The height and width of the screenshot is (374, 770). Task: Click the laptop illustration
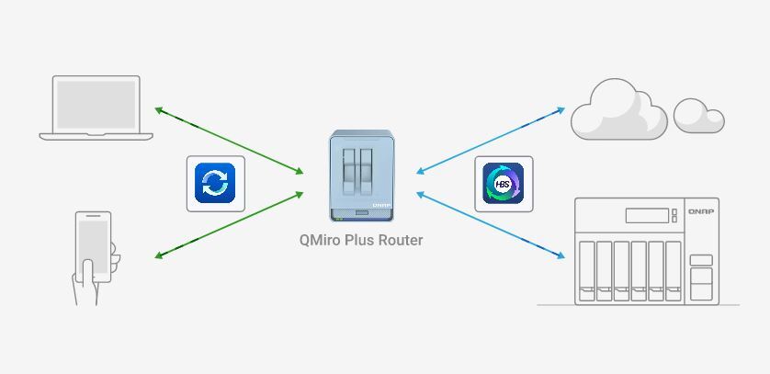point(96,108)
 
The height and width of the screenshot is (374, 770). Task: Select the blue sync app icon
point(216,184)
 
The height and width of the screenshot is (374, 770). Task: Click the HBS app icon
point(504,184)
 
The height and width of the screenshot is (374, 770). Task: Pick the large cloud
point(617,109)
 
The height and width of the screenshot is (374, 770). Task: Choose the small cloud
point(698,115)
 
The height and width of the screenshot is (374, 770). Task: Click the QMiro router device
point(361,176)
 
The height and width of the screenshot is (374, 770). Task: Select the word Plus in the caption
point(364,241)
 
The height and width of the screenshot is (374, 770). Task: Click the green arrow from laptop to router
point(229,141)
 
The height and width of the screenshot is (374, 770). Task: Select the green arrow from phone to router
point(229,223)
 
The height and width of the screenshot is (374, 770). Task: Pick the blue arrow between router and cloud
point(490,139)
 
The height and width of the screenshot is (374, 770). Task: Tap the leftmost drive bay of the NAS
point(585,270)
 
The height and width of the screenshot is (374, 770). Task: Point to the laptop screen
point(96,103)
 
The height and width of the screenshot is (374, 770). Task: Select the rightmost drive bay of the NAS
point(674,270)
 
